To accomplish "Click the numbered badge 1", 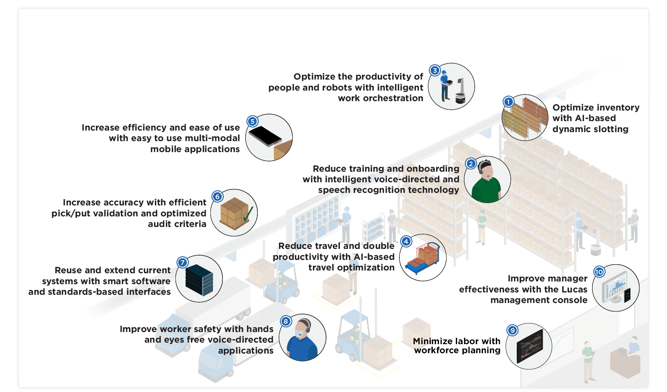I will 508,102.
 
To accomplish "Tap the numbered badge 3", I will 435,71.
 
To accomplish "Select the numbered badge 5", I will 252,122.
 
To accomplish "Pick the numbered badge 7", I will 182,263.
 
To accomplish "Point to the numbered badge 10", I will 599,272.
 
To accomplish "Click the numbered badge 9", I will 512,330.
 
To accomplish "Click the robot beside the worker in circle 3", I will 460,93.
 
